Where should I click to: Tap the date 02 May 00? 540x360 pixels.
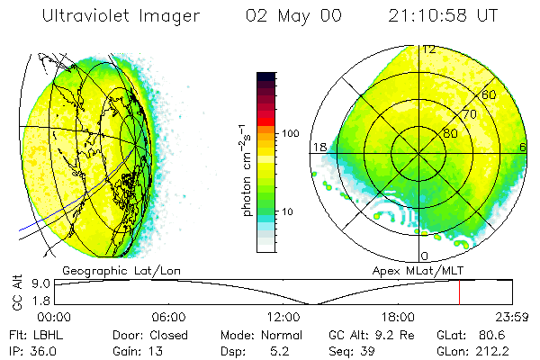point(292,15)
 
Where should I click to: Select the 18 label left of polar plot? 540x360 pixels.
point(319,148)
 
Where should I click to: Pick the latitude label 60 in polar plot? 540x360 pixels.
point(490,94)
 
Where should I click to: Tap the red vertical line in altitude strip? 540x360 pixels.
point(459,292)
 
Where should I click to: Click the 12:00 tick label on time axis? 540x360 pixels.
point(283,317)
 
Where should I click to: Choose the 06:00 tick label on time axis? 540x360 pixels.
point(168,317)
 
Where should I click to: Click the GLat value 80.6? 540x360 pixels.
point(499,334)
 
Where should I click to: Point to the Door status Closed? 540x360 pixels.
point(169,334)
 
